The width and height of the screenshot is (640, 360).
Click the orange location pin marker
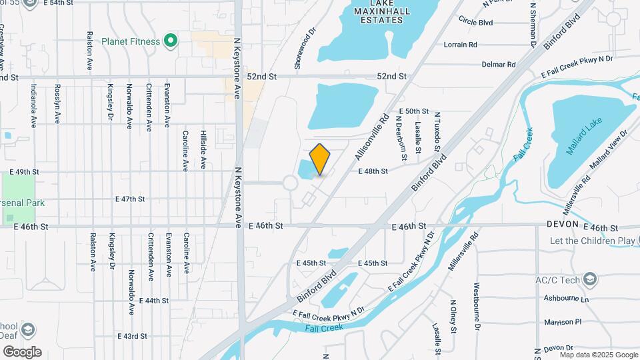[x=320, y=159]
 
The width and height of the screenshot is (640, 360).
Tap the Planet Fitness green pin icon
[x=171, y=41]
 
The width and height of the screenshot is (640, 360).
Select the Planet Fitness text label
[x=131, y=41]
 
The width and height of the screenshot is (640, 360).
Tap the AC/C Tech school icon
[x=589, y=278]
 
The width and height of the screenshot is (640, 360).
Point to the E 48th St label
[x=373, y=171]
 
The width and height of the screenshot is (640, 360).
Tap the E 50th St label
[x=413, y=111]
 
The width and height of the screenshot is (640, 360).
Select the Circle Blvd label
[x=475, y=22]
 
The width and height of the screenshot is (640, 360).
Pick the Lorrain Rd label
[x=461, y=45]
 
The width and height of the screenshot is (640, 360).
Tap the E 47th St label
[x=130, y=199]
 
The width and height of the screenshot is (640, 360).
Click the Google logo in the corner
[x=22, y=352]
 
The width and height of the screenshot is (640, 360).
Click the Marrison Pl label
[x=563, y=322]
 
